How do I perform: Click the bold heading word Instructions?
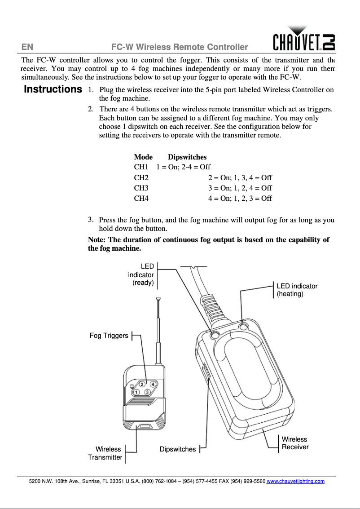[x=53, y=89]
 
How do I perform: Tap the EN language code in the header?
[x=27, y=47]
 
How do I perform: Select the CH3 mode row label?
[x=141, y=188]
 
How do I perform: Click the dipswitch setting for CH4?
[x=240, y=198]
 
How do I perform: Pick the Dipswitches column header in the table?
[x=187, y=157]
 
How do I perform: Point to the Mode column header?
[x=143, y=157]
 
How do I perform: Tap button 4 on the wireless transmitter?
[x=153, y=384]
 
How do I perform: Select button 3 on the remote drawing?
[x=147, y=392]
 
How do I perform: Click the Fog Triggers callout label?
[x=109, y=336]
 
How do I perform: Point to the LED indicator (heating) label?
[x=297, y=290]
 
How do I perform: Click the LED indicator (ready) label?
[x=141, y=274]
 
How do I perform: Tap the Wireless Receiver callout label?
[x=295, y=443]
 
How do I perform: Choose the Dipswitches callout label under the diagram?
[x=178, y=449]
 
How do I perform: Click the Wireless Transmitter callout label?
[x=105, y=453]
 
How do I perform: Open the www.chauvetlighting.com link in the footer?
[x=295, y=481]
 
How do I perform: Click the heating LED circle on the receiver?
[x=244, y=327]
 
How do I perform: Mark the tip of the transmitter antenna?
[x=158, y=299]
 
